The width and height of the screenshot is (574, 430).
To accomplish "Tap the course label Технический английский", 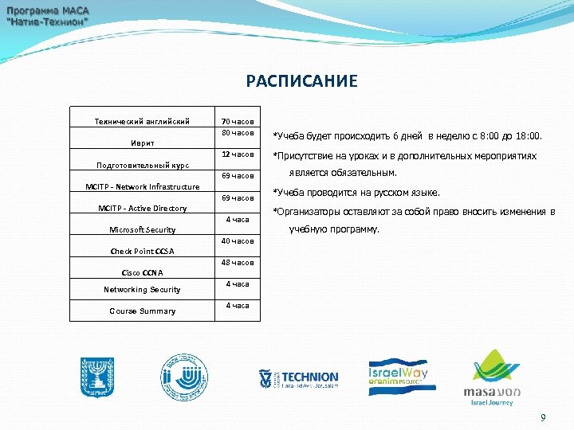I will point(143,122).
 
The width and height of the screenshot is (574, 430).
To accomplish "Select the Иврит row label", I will point(143,143).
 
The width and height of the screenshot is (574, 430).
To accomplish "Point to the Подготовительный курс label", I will point(143,166).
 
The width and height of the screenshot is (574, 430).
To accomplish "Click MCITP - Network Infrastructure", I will point(143,187).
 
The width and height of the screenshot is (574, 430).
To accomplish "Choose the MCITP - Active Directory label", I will point(143,209).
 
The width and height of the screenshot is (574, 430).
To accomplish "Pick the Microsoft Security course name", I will point(143,230).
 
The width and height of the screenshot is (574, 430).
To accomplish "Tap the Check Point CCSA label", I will point(143,252).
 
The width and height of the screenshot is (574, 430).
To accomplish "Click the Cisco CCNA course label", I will point(143,273).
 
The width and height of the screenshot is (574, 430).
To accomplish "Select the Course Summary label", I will point(143,311).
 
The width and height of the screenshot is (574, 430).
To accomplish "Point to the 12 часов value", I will point(238,154).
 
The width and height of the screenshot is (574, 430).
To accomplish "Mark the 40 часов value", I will point(238,241).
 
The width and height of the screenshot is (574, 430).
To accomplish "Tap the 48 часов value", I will point(238,263).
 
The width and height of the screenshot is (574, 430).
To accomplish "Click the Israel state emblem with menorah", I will point(97,377).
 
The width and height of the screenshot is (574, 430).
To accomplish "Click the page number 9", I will point(544,418).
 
